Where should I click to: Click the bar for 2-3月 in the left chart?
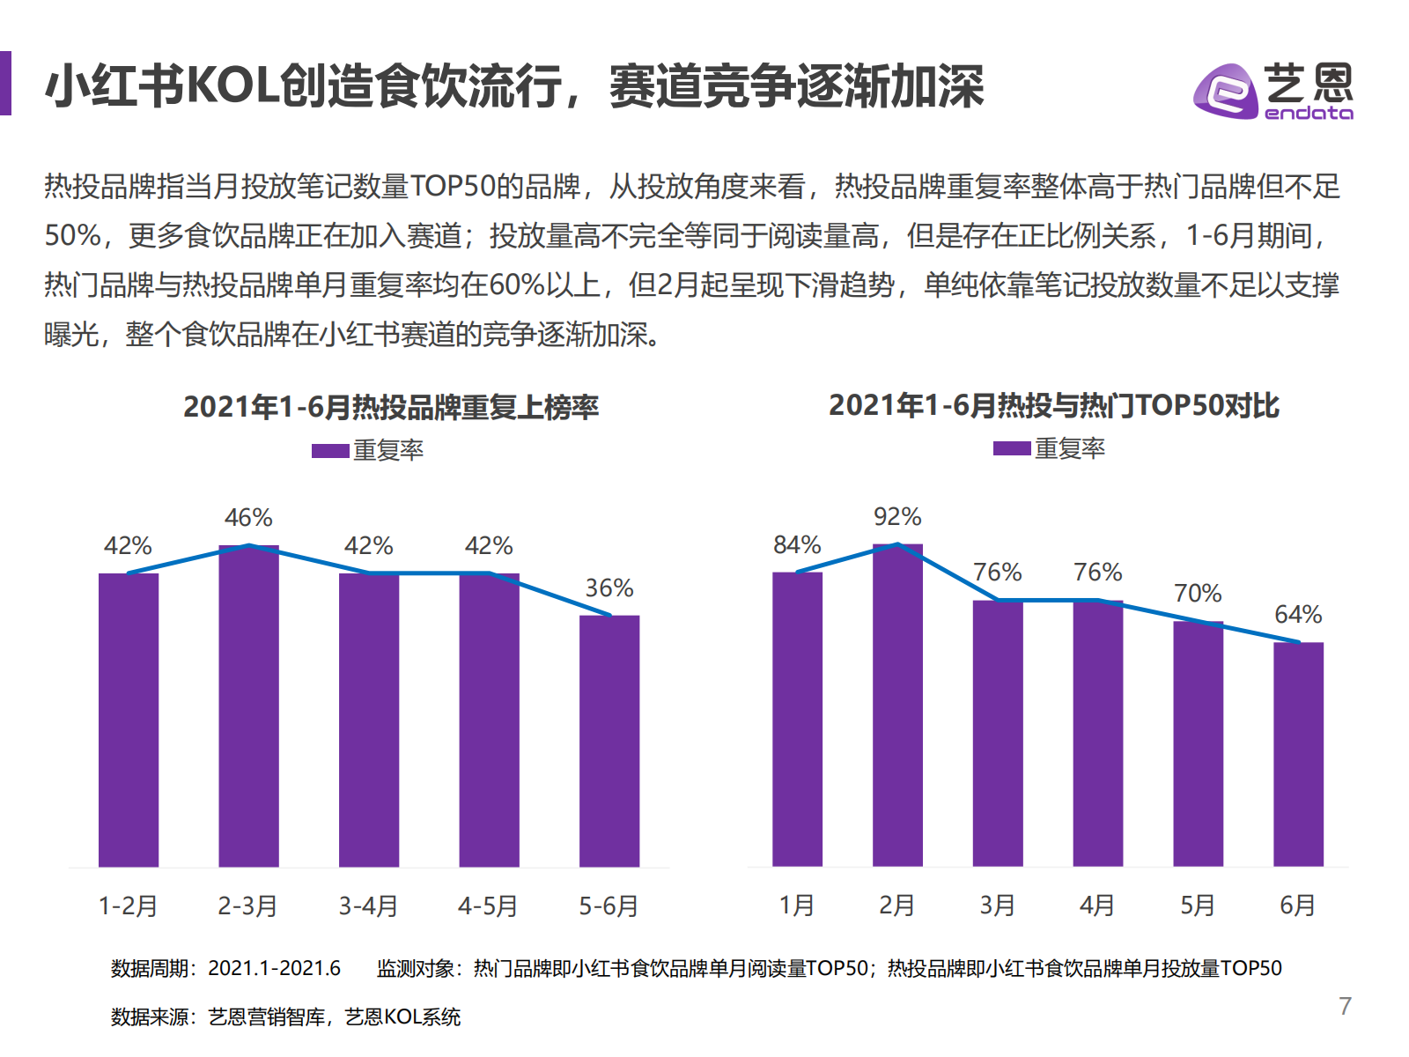click(248, 705)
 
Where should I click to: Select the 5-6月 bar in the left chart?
click(609, 740)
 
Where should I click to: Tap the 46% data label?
click(248, 518)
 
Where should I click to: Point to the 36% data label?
click(609, 588)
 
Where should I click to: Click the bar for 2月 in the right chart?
click(897, 705)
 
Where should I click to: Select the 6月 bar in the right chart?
click(1298, 753)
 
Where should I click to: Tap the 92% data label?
click(897, 517)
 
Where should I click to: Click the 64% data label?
click(1298, 615)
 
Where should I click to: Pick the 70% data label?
click(1198, 594)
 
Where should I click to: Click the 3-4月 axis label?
click(368, 905)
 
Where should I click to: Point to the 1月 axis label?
click(797, 905)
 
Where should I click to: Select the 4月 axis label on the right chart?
click(1097, 905)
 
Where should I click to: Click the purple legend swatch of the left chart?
click(330, 451)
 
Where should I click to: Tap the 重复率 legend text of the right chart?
click(1069, 449)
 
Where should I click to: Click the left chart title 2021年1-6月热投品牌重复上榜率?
click(391, 407)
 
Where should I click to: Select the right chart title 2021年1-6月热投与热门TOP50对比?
click(1053, 405)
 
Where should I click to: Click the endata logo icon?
click(1224, 91)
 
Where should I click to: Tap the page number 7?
click(1345, 1006)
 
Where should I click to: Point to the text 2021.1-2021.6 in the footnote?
click(274, 969)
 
